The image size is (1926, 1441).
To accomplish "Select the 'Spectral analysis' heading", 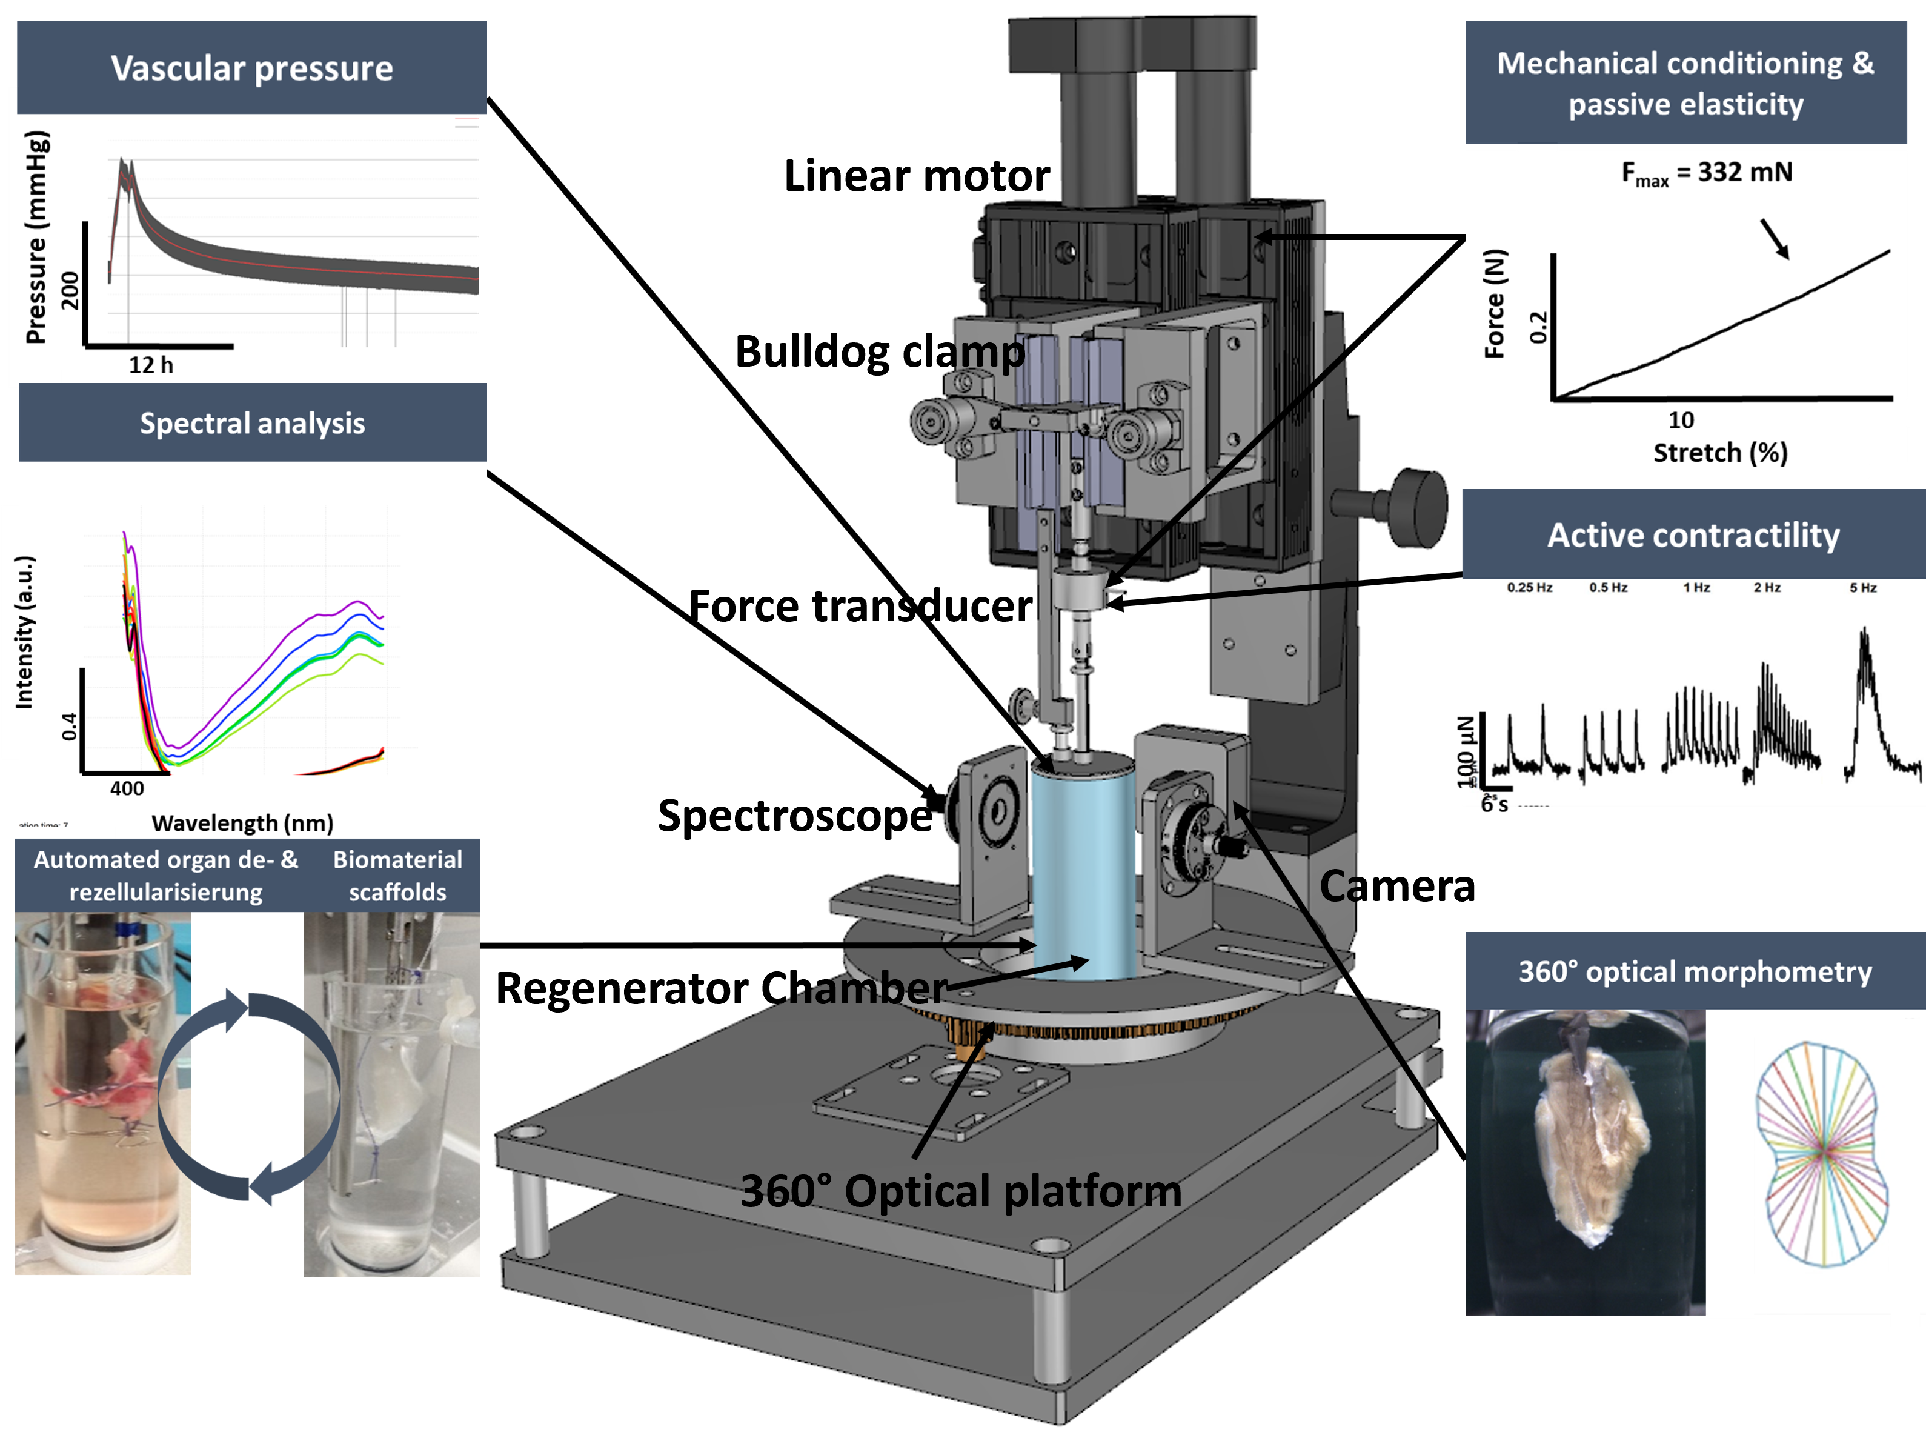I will point(253,423).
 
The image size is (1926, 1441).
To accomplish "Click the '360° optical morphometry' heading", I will point(1695,972).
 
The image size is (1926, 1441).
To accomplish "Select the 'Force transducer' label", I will point(860,606).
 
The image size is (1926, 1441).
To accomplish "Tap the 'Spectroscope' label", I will point(794,816).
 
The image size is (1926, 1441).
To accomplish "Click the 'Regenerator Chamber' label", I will point(722,988).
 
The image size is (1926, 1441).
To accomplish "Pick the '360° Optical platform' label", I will point(960,1190).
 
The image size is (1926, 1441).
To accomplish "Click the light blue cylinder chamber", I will point(1083,871).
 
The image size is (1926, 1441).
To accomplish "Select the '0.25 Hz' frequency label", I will point(1529,588).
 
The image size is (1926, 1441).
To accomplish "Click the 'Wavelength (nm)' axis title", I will point(242,823).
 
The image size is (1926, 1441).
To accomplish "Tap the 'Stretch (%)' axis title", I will point(1719,453).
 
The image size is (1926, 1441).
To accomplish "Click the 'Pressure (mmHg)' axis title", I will point(36,238).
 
